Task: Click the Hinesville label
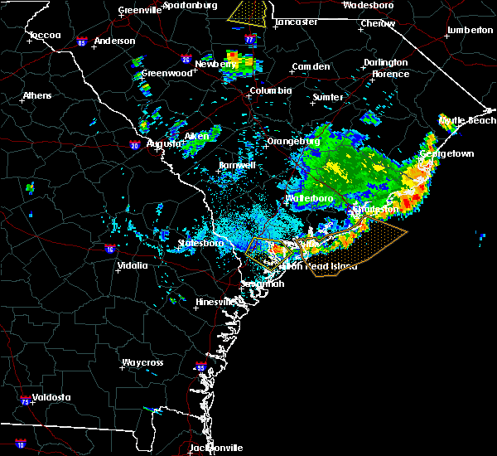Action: pyautogui.click(x=216, y=303)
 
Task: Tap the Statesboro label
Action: pyautogui.click(x=200, y=244)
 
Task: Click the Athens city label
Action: pyautogui.click(x=36, y=95)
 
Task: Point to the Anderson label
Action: pyautogui.click(x=114, y=41)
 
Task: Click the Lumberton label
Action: pyautogui.click(x=469, y=30)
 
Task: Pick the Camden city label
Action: pyautogui.click(x=311, y=66)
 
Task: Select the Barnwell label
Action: pyautogui.click(x=237, y=166)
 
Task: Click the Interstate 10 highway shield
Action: pyautogui.click(x=20, y=444)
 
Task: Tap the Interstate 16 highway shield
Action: pyautogui.click(x=110, y=248)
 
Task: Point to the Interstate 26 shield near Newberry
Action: pyautogui.click(x=187, y=59)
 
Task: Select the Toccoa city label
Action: pyautogui.click(x=44, y=36)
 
